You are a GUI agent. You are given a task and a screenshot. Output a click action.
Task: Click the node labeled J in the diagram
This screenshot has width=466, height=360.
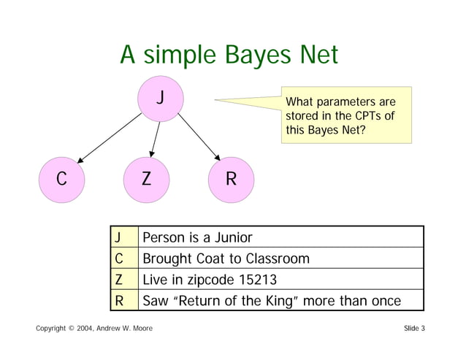(x=161, y=99)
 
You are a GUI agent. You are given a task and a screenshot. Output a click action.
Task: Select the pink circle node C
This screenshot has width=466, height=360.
(x=62, y=179)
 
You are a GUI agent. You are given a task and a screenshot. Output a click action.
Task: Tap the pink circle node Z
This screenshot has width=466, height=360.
(x=147, y=179)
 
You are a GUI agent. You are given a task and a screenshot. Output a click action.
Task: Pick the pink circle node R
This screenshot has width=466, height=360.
(x=231, y=179)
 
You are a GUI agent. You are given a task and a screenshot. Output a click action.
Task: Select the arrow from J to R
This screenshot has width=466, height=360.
(x=197, y=137)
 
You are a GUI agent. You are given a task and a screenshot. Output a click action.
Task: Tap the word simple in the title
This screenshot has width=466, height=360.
(x=177, y=55)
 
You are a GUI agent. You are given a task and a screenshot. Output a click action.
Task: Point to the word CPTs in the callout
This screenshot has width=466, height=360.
(x=364, y=115)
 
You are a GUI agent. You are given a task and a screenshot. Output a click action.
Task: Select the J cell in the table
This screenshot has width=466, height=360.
(x=118, y=237)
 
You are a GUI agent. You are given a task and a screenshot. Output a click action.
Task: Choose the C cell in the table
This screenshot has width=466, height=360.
(x=118, y=258)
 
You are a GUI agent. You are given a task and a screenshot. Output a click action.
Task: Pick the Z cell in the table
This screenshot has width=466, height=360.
(x=118, y=279)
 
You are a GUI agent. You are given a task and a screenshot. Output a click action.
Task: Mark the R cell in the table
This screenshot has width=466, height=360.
(x=118, y=300)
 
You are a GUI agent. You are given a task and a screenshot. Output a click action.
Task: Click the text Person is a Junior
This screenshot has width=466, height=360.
(x=197, y=237)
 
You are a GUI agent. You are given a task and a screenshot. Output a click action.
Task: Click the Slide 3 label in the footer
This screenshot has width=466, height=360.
(x=414, y=329)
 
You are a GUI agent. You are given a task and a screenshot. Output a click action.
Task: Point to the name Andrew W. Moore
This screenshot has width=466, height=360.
(x=123, y=329)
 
